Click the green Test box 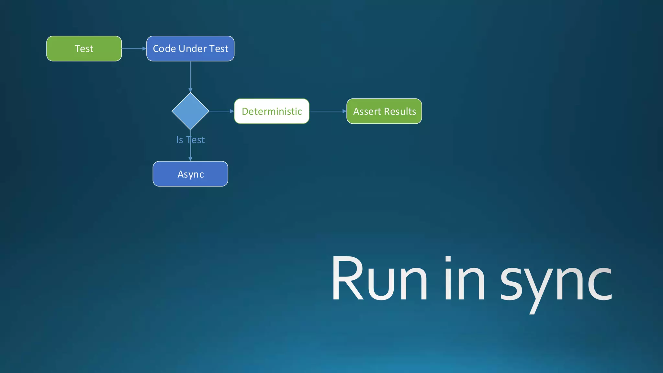tap(84, 49)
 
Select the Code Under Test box tap(190, 49)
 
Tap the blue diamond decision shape tap(190, 111)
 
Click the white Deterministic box tap(272, 111)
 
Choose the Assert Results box tap(384, 111)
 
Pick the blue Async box tap(190, 174)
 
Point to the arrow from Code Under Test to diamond tap(190, 76)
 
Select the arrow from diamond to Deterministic tap(221, 111)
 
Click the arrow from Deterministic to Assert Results tap(328, 111)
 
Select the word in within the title tap(465, 278)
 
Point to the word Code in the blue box tap(164, 49)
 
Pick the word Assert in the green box tap(367, 111)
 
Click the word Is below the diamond tap(180, 140)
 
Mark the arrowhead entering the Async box tap(190, 159)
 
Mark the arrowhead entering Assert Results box tap(344, 111)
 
